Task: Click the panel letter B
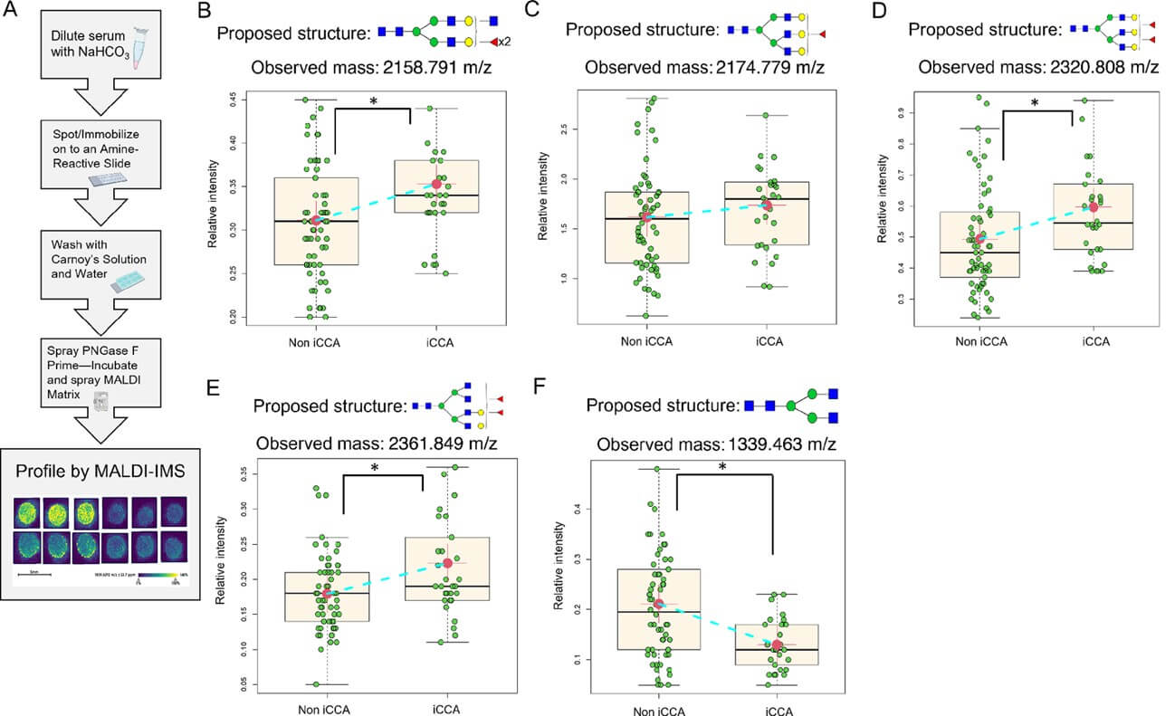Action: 204,12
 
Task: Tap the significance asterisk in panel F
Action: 723,466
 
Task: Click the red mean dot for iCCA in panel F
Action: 777,644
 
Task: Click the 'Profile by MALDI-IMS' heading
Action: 94,473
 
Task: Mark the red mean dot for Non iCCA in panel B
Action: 316,220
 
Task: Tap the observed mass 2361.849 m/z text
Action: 377,444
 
